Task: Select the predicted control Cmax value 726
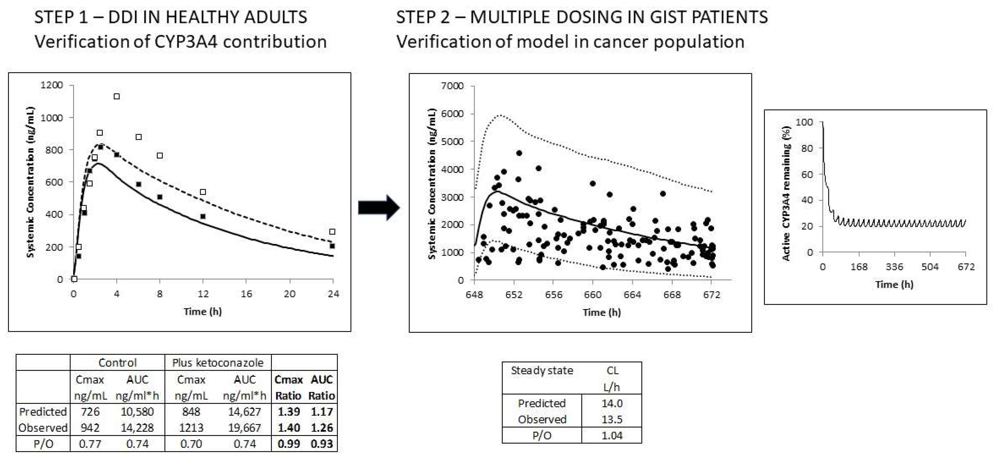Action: (90, 412)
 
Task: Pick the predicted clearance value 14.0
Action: (612, 403)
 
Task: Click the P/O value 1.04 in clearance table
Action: (612, 435)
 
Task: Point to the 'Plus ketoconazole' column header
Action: (218, 363)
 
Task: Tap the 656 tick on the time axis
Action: (553, 295)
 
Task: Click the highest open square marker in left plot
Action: (117, 96)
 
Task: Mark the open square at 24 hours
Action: (332, 231)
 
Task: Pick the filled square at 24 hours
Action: (332, 246)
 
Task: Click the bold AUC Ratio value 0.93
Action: (322, 444)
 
